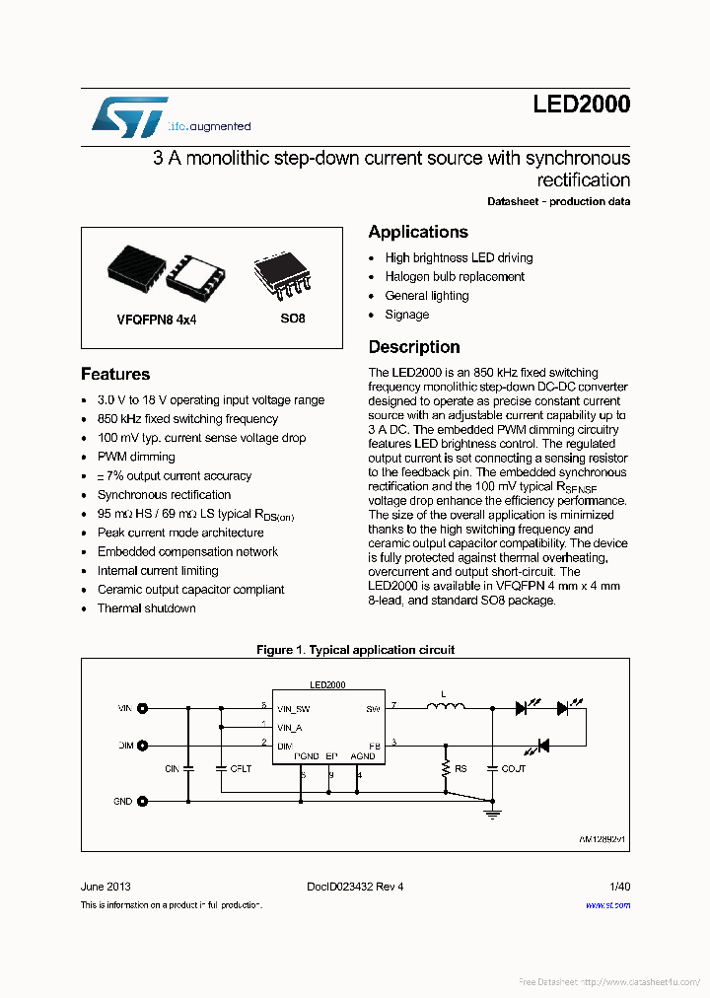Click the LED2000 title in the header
click(581, 106)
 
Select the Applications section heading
click(418, 232)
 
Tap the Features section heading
click(115, 374)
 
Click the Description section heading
click(414, 347)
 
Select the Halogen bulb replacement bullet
click(455, 277)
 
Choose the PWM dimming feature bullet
click(136, 457)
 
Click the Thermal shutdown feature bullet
click(146, 608)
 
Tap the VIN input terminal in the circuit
click(142, 708)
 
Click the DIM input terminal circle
click(142, 746)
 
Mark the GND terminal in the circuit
click(142, 802)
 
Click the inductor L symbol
click(445, 706)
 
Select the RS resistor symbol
click(447, 768)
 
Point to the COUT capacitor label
click(514, 768)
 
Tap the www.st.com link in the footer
click(607, 905)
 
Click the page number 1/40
click(619, 887)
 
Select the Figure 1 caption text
click(355, 650)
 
